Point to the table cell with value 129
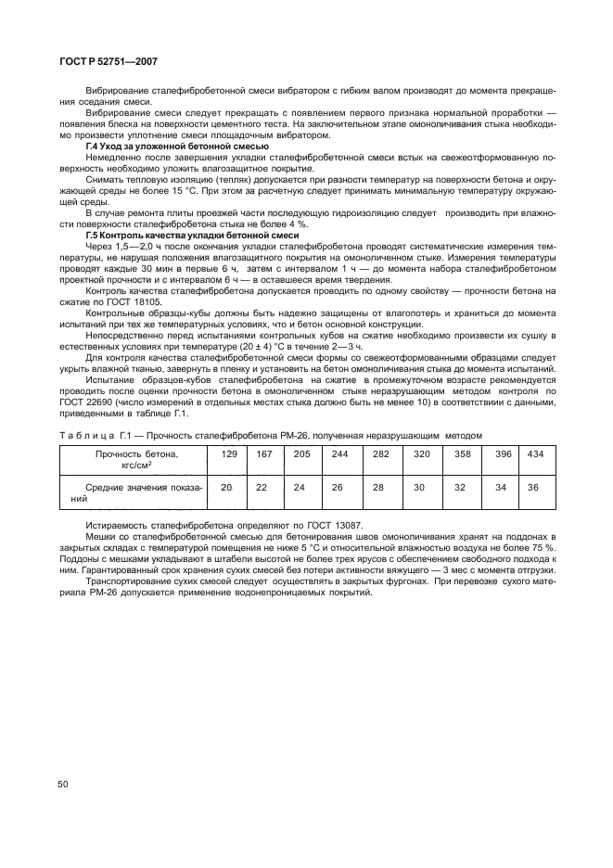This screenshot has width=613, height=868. tap(229, 453)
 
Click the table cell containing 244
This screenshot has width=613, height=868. tap(339, 453)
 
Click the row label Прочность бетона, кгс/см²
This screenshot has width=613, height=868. tap(136, 459)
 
